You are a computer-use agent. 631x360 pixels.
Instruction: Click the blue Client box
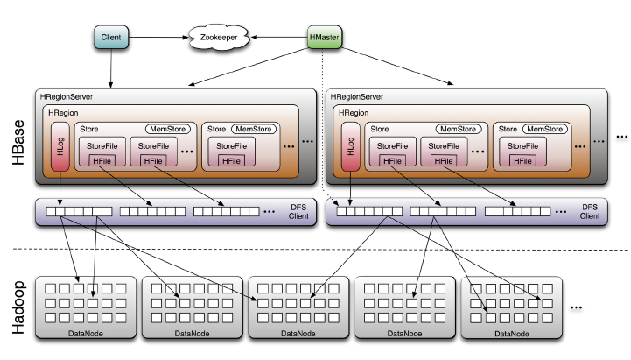pos(111,38)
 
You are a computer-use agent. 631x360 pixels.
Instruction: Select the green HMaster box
pos(325,38)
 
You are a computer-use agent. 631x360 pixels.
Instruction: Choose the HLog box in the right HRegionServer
pos(351,148)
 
